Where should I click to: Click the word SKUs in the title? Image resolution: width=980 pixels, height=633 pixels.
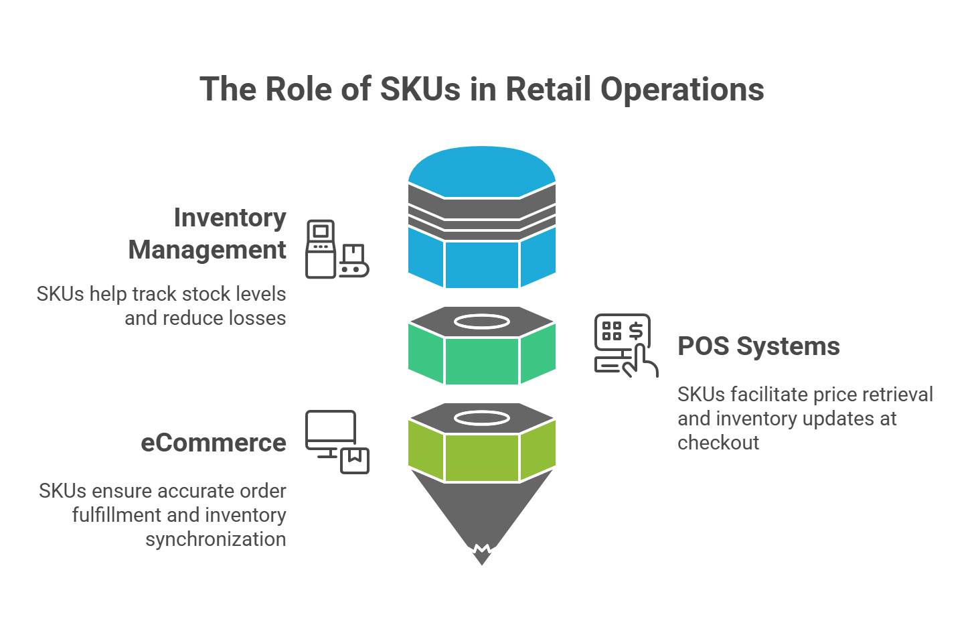(x=420, y=89)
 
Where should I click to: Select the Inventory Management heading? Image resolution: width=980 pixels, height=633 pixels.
(x=208, y=233)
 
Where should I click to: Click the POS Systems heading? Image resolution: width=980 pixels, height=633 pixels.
(x=758, y=346)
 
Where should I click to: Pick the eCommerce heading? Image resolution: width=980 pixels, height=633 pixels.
(x=214, y=443)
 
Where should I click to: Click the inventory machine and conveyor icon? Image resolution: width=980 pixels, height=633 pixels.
(x=337, y=249)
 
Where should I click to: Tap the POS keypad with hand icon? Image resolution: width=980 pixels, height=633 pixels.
(x=625, y=345)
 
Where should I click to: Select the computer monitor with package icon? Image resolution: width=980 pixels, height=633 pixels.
(x=337, y=441)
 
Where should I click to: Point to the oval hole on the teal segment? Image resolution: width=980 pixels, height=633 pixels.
(x=482, y=322)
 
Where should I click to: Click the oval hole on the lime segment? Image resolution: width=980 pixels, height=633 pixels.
(x=482, y=419)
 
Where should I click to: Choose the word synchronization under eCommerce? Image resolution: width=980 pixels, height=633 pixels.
(x=216, y=539)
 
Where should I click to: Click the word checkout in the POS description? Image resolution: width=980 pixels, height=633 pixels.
(x=718, y=443)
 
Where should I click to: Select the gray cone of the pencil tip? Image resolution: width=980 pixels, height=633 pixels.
(x=482, y=509)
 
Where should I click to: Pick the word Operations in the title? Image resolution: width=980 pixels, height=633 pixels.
(x=682, y=89)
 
